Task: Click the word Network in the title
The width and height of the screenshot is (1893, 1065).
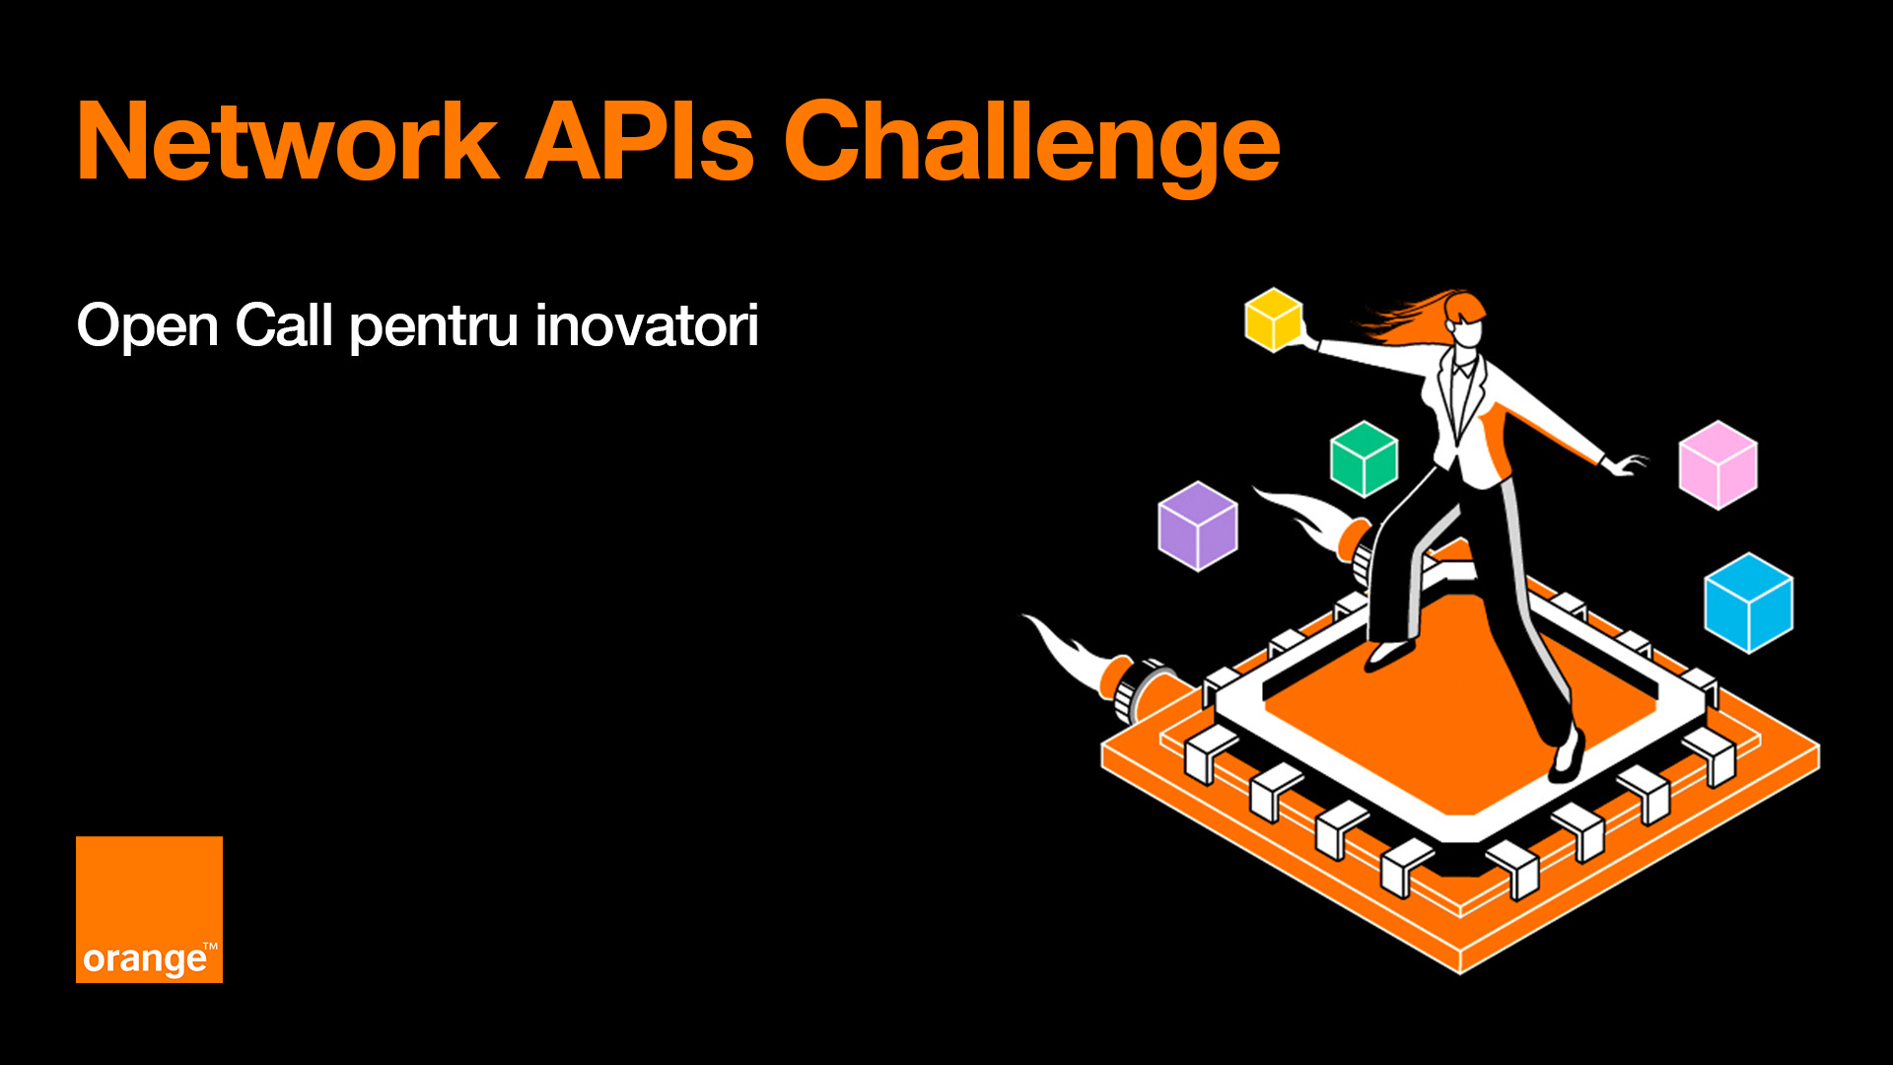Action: tap(288, 142)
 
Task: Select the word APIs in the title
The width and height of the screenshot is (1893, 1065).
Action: tap(640, 142)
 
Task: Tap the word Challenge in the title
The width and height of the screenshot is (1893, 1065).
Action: tap(1031, 146)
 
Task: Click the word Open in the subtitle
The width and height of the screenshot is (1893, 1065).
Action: tap(148, 327)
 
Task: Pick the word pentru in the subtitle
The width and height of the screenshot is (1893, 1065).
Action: tap(435, 328)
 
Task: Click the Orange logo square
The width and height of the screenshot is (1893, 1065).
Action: tap(149, 909)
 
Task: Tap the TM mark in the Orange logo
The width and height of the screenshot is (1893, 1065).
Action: tap(210, 947)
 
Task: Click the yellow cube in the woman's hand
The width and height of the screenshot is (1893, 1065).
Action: tap(1274, 319)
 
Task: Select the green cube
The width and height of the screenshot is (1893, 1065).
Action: tap(1364, 459)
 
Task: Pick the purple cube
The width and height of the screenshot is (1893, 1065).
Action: tap(1198, 526)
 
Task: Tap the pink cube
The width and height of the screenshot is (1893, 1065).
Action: tap(1718, 464)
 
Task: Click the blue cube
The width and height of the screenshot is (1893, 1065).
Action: tap(1749, 603)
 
